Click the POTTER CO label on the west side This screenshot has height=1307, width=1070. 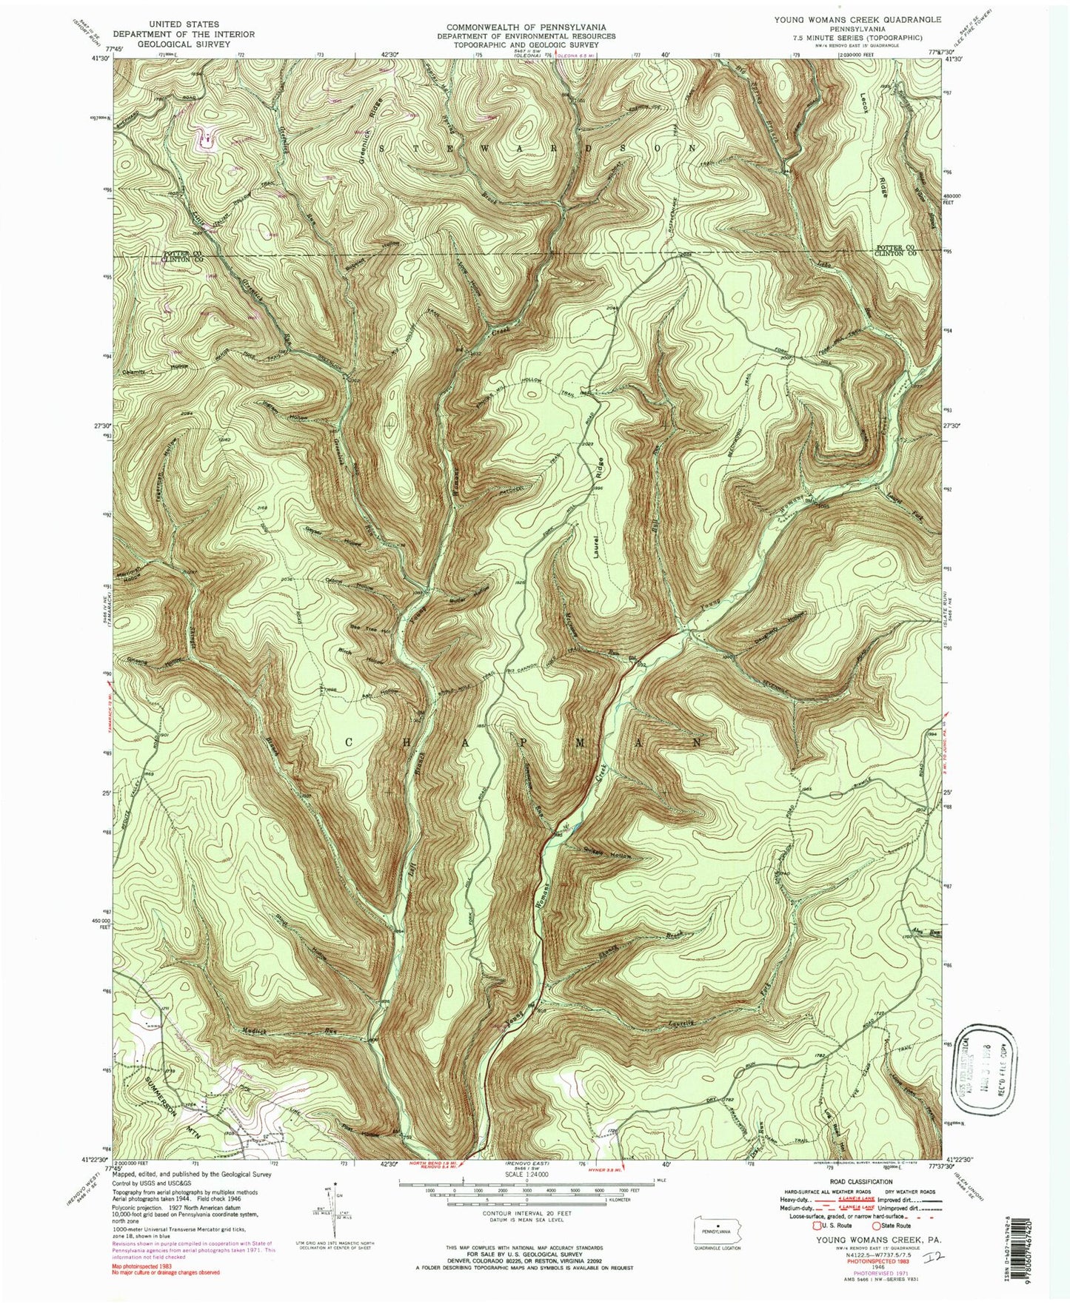tap(182, 252)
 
